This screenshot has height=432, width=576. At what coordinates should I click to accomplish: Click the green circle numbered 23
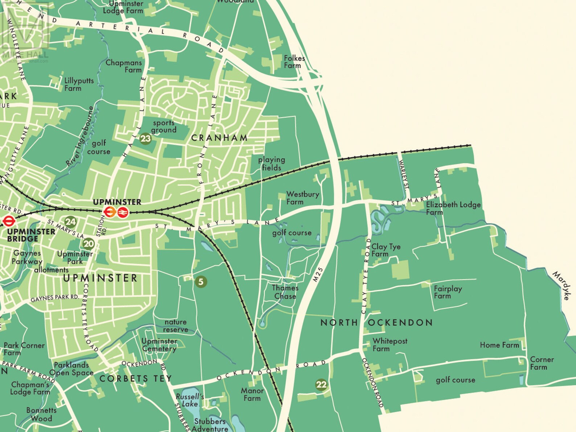coord(145,138)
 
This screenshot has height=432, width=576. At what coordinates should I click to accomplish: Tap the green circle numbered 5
coord(201,281)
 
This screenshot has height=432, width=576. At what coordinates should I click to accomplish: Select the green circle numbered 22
coord(321,384)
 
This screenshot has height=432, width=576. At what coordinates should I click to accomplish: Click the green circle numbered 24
coord(70,222)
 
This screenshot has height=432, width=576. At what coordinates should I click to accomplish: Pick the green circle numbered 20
coord(89,244)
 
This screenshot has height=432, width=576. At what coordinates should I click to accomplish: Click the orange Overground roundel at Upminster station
coord(110,212)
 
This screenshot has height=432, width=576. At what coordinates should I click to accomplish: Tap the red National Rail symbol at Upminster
coord(123,212)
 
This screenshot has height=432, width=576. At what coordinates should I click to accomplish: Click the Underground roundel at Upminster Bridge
coord(8,221)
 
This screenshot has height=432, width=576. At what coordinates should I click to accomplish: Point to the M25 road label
coord(317,275)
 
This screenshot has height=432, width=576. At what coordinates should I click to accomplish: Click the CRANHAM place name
coord(219,138)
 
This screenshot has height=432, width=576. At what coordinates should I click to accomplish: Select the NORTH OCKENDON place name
coord(377,322)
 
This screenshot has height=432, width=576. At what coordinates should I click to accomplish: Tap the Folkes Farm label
coord(294,62)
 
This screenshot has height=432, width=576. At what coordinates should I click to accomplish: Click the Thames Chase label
coord(285,292)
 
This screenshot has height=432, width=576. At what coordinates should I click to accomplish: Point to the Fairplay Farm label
coord(448,292)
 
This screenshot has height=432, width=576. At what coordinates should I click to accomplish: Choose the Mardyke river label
coord(561,285)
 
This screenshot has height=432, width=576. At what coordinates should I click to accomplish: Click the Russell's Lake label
coord(190,400)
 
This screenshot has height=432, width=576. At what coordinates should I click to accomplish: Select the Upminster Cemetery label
coord(159,345)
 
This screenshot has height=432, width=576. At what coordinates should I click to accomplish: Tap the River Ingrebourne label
coord(81,136)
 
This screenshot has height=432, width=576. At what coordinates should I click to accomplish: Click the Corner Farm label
coord(542,363)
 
